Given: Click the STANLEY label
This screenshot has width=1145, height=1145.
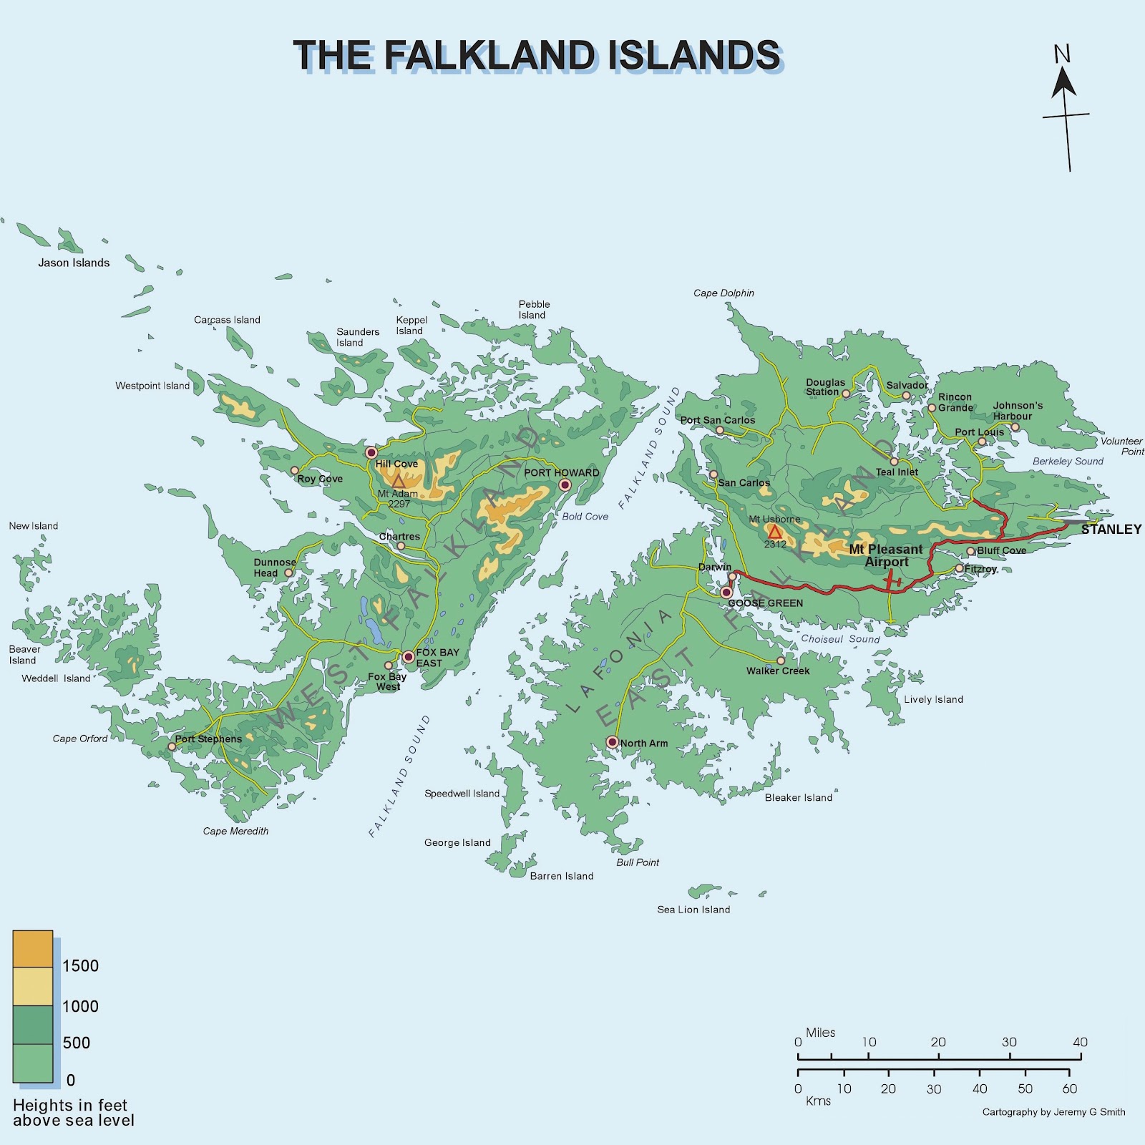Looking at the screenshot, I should [1111, 530].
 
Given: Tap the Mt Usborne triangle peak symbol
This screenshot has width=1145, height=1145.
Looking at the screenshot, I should [774, 532].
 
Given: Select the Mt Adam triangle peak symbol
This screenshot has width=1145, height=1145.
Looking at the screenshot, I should [399, 482].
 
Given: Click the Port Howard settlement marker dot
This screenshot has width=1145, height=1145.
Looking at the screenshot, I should [565, 485].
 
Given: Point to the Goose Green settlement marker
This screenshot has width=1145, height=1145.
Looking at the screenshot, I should [726, 593].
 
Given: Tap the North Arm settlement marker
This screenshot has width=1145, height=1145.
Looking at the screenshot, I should [612, 742].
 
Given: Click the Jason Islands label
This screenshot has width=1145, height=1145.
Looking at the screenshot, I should [74, 263].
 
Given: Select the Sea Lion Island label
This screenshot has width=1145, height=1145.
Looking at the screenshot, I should [693, 910].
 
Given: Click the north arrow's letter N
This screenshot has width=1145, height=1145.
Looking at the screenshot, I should [1062, 54].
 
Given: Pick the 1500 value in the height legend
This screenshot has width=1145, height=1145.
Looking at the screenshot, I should [80, 965].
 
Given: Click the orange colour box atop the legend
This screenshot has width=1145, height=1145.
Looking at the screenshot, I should [33, 949].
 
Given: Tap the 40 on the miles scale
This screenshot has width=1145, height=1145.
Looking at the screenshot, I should [1080, 1042].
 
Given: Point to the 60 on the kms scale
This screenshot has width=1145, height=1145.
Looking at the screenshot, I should [1069, 1088].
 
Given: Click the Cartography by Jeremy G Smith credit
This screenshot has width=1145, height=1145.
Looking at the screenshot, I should [1053, 1112].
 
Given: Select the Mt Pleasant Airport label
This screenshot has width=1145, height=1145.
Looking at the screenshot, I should [886, 555].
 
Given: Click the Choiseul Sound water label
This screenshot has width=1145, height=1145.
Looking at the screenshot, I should [840, 639].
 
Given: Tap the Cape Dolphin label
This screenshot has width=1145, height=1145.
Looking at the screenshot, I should [723, 293].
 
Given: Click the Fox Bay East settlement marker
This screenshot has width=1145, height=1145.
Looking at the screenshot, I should [408, 656].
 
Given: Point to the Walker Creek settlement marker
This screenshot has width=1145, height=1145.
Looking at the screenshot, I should [781, 661].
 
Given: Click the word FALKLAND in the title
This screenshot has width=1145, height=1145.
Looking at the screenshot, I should [489, 55].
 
